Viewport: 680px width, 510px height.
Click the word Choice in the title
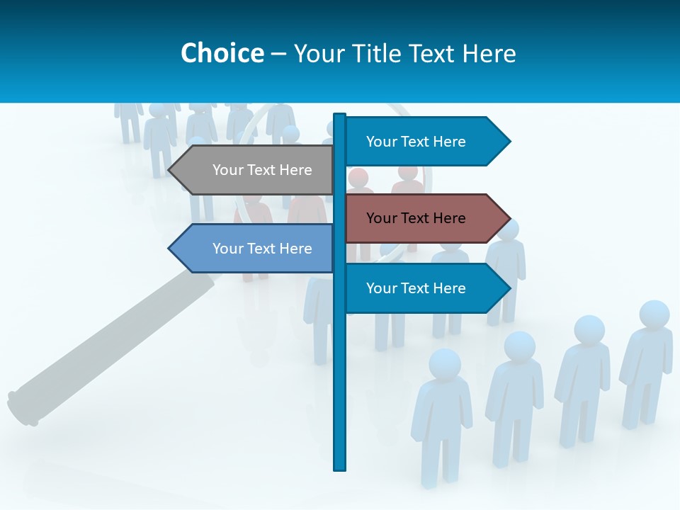(x=222, y=53)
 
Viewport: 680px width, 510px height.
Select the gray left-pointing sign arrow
(x=255, y=170)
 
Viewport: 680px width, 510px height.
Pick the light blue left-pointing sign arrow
(x=255, y=249)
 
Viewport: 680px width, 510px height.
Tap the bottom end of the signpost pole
(x=340, y=467)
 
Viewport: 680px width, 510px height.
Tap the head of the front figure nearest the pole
(x=445, y=363)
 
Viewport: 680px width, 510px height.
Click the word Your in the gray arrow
(x=228, y=170)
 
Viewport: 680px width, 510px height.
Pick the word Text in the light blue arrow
(x=262, y=249)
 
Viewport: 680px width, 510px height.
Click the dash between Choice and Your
(x=278, y=54)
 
